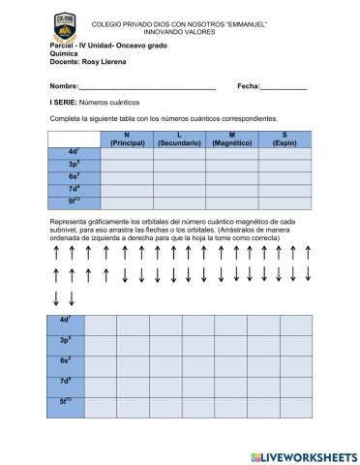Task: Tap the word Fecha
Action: (x=247, y=86)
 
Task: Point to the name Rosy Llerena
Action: (x=105, y=62)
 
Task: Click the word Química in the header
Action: (x=62, y=54)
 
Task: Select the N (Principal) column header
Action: (x=127, y=139)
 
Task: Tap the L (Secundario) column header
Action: (x=179, y=139)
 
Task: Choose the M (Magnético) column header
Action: (x=232, y=139)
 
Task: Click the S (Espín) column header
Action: (x=285, y=139)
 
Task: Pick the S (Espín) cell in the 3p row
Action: (x=285, y=165)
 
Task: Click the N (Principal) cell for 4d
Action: (x=127, y=152)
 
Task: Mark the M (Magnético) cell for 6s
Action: (x=232, y=177)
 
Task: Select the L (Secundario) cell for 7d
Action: (x=179, y=190)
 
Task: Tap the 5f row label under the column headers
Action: (x=74, y=202)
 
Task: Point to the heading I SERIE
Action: (x=65, y=101)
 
